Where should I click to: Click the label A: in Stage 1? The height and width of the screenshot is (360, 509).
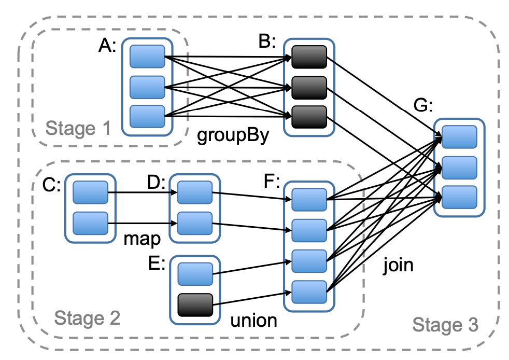(x=107, y=45)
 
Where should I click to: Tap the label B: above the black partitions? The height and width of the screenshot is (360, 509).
(x=267, y=41)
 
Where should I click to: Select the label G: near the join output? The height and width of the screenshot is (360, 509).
(x=423, y=105)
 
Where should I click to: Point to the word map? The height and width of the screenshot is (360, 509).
(x=142, y=239)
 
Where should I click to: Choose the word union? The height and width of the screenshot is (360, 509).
(x=254, y=321)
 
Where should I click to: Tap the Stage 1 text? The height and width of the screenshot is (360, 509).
(x=78, y=128)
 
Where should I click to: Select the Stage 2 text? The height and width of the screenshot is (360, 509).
(x=87, y=318)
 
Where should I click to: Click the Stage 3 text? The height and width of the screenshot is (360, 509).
(x=445, y=325)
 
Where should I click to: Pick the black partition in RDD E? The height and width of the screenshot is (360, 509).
(x=195, y=305)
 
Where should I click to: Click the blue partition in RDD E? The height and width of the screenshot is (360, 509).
(x=195, y=274)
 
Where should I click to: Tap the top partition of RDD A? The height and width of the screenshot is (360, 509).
(x=147, y=57)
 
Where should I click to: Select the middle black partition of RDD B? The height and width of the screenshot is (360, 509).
(x=309, y=88)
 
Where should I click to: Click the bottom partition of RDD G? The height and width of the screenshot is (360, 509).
(x=459, y=197)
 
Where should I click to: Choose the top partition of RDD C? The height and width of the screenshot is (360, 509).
(x=90, y=192)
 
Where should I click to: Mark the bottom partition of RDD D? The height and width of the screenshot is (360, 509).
(x=195, y=224)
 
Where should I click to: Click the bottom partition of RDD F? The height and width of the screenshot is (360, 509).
(x=309, y=292)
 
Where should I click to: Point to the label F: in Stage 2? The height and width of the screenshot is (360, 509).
(x=272, y=181)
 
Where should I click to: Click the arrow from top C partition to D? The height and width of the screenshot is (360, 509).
(x=143, y=192)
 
